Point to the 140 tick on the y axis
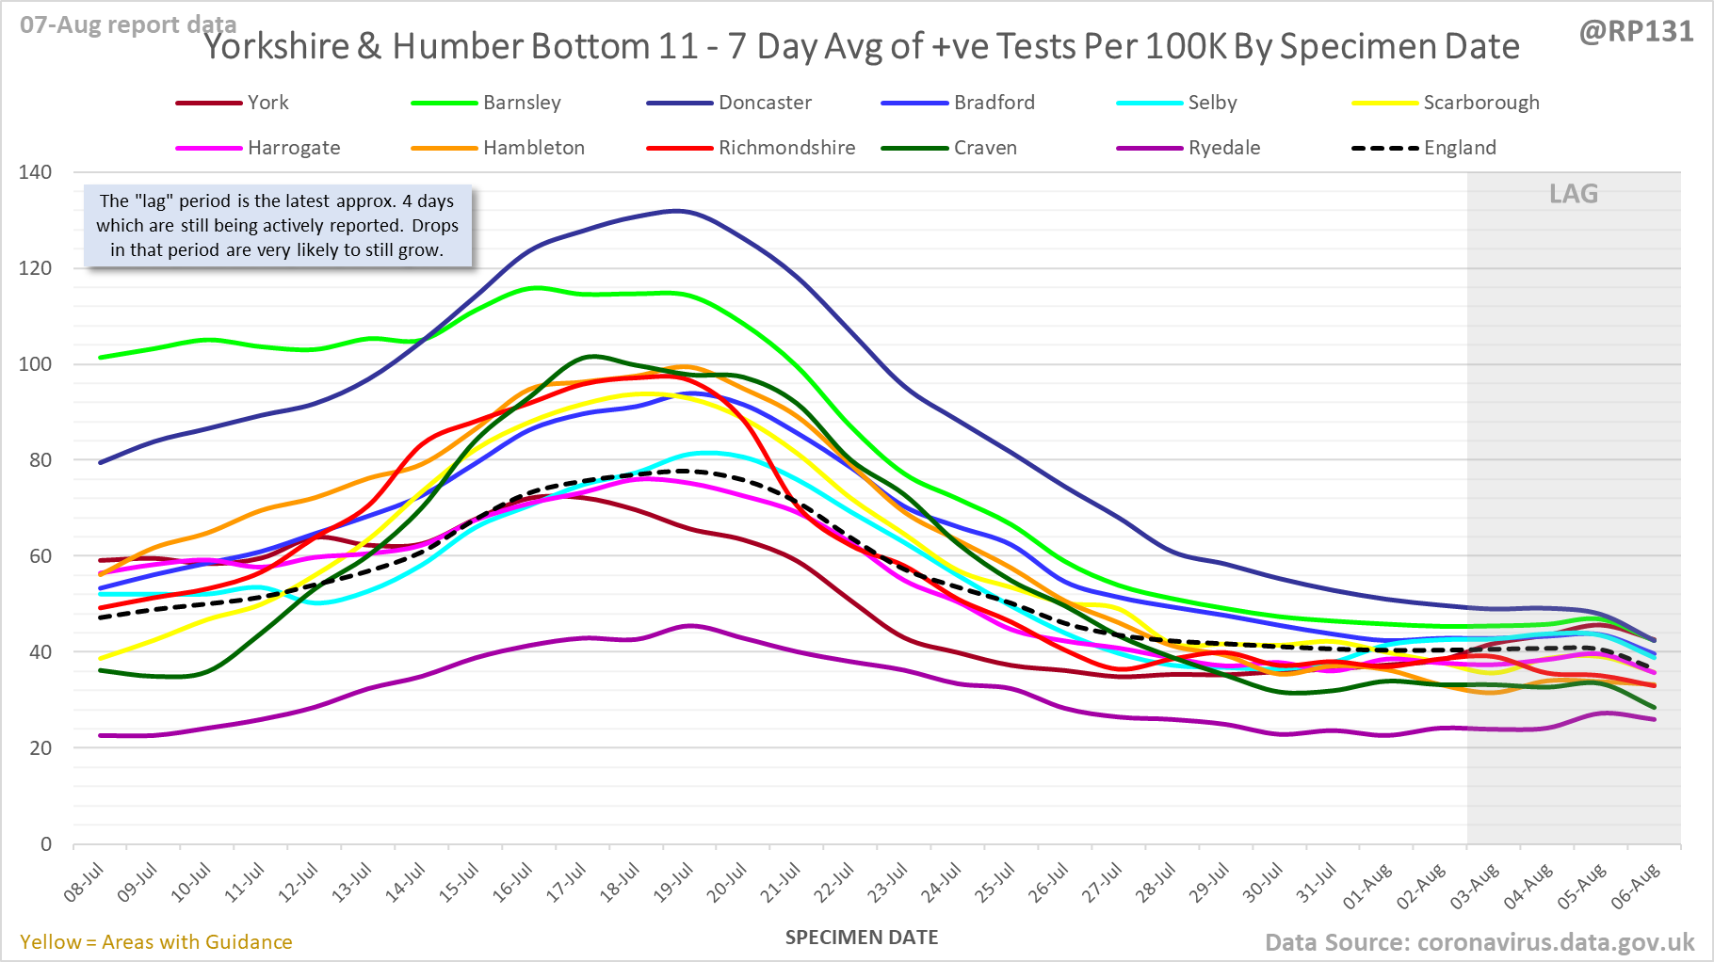click(x=36, y=172)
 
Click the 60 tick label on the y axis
click(x=40, y=556)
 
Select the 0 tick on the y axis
click(x=46, y=844)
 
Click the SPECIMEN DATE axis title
click(x=862, y=938)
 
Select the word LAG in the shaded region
click(x=1574, y=194)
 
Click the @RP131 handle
click(x=1636, y=31)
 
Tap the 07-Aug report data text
click(x=128, y=24)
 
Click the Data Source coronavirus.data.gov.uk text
click(x=1479, y=942)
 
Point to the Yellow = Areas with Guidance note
click(x=156, y=942)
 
